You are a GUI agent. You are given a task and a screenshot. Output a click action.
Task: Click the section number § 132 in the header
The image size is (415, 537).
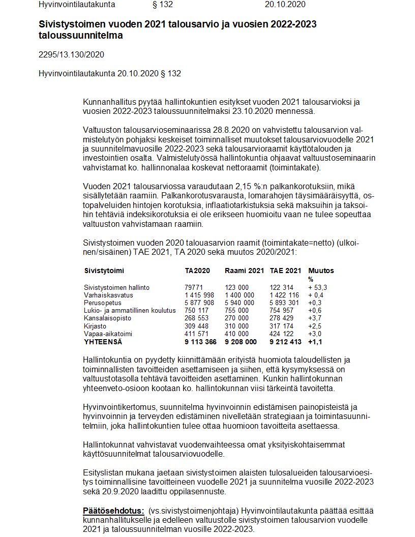pos(163,5)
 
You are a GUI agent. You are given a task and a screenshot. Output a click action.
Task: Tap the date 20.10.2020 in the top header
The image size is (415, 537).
pos(285,5)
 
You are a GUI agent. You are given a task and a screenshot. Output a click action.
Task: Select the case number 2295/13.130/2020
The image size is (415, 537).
pos(71,54)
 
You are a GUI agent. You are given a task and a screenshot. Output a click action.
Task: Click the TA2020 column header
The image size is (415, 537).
pos(197,271)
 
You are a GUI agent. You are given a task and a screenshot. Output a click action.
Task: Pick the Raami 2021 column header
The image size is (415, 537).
pos(244,271)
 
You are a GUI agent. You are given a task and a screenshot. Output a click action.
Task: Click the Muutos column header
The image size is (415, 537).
pos(321,271)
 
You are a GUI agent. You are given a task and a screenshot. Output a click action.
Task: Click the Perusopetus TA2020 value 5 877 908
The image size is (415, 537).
pos(200,303)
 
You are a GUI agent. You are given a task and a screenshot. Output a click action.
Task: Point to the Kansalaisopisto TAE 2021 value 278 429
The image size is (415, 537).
pos(281,318)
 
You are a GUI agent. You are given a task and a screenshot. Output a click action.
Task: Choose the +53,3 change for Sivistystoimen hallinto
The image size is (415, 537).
pos(317,287)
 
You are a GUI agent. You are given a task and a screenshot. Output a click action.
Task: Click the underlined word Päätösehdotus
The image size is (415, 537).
pos(113,511)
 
